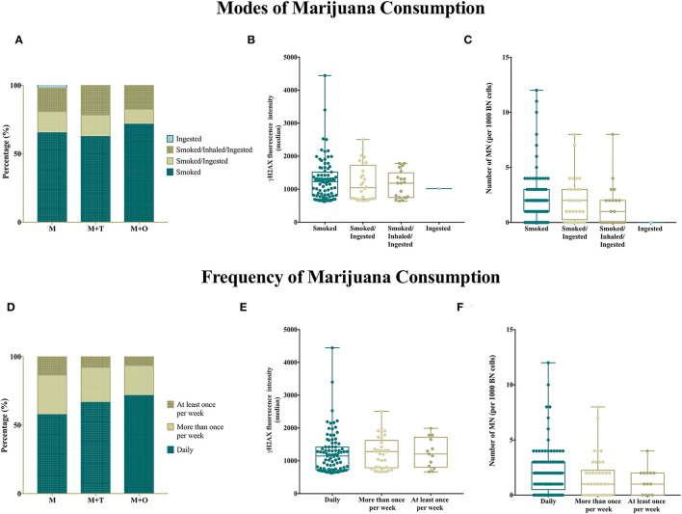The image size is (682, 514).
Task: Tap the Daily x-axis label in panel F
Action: [548, 502]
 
